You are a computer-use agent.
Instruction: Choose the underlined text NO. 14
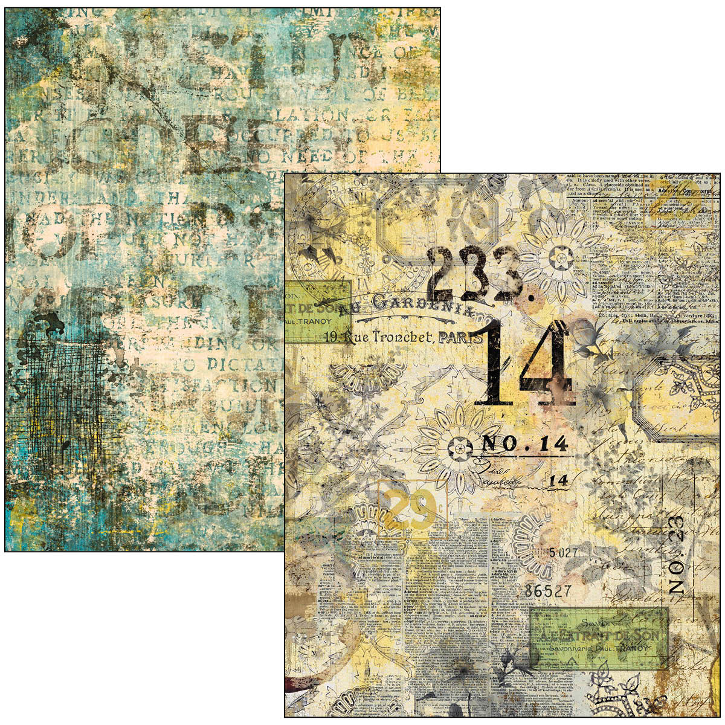click(x=524, y=445)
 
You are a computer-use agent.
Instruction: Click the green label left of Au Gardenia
click(x=317, y=311)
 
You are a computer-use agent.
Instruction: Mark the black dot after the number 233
click(x=530, y=297)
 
